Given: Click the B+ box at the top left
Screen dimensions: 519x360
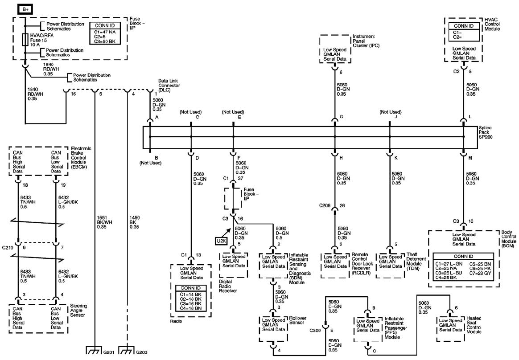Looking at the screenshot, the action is coord(25,10).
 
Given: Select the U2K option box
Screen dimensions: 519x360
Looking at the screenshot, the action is coord(221,241).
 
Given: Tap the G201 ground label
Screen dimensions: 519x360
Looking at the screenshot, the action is coord(109,352).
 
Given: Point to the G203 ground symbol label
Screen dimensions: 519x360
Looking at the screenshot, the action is coord(142,352).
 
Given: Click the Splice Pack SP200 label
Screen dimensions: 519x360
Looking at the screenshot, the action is coord(485,132).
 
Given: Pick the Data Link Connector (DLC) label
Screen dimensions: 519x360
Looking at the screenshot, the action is coord(169,86).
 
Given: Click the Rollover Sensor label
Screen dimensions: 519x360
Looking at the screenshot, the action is coord(297,320).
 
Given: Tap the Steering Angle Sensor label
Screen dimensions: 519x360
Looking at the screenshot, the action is coord(78,311).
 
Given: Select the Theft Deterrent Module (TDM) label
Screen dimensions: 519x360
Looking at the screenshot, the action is coord(416,262).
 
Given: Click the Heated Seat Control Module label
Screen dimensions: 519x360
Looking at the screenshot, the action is coord(474,325).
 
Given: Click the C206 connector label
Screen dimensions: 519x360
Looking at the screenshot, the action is coord(325,205).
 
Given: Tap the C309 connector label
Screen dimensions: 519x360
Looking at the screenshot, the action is coord(315,330).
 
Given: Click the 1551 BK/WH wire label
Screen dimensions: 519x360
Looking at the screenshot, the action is coord(105,222).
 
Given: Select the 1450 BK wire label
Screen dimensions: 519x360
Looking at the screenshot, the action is coord(134,222).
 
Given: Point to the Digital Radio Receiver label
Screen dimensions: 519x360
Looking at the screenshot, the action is coord(228,286).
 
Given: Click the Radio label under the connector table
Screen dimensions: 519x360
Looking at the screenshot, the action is coord(176,321).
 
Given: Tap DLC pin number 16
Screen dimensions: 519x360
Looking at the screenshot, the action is coord(73,94).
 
